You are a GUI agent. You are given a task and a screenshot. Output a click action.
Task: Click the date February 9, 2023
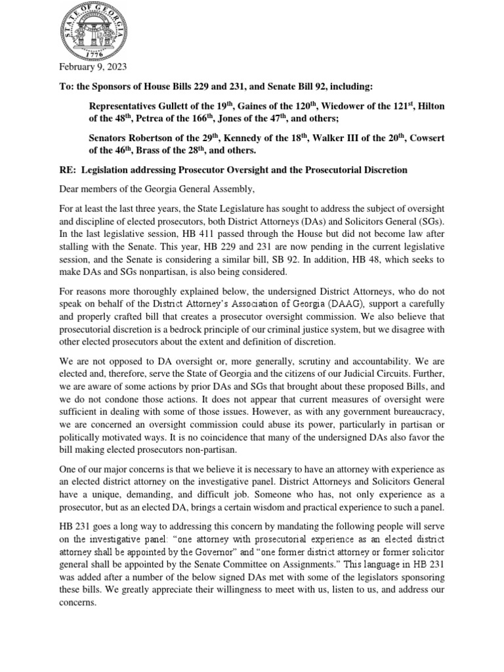pos(93,68)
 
